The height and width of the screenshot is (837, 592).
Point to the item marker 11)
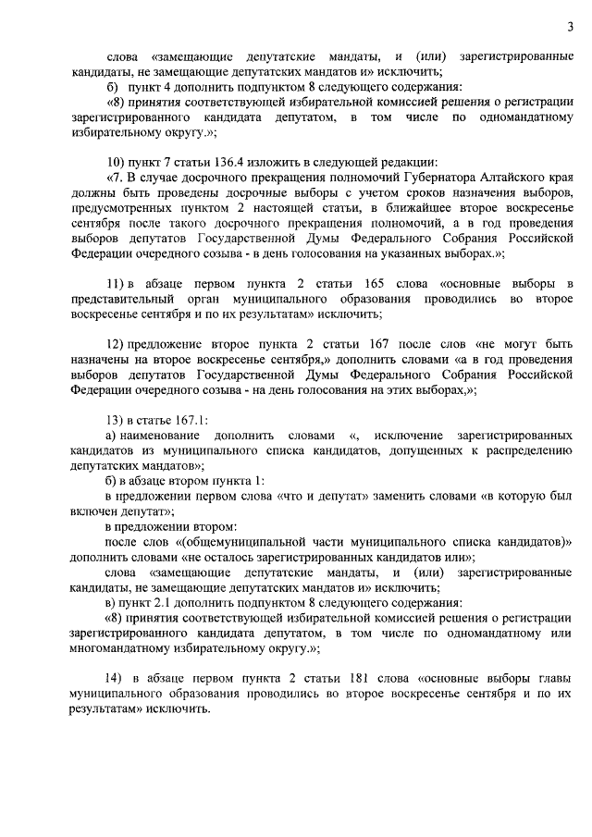(x=117, y=281)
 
